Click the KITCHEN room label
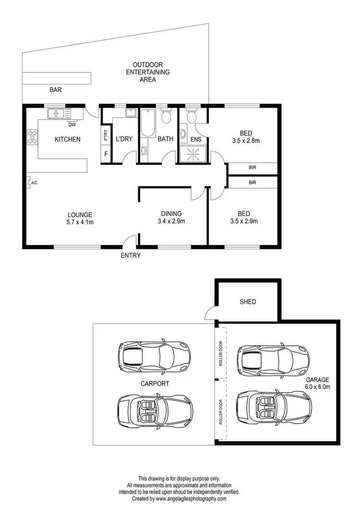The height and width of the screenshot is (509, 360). pos(67,140)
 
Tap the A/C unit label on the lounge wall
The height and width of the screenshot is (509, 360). pos(34,183)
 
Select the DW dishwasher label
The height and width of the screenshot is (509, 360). pos(72,124)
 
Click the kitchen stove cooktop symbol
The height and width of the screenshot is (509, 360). pos(32,137)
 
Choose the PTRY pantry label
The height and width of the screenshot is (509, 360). pos(105,136)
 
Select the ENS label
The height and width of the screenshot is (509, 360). pos(196,140)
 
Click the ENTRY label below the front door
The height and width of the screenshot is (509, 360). pos(131,256)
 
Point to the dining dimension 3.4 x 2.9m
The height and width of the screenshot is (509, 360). pos(171,221)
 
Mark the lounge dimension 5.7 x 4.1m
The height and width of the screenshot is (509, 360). pos(80,222)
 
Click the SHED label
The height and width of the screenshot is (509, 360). pos(248,302)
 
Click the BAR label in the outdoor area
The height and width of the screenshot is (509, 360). pos(56,89)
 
